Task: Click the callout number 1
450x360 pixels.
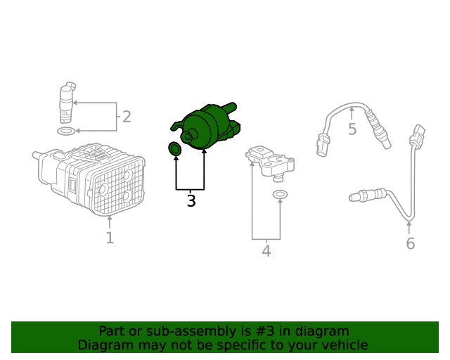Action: coord(110,238)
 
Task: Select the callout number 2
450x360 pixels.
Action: coord(127,117)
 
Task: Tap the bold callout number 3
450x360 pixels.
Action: coord(191,200)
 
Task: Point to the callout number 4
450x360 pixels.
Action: coord(266,251)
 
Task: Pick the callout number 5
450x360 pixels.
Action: coord(352,129)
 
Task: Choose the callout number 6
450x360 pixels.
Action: coord(411,244)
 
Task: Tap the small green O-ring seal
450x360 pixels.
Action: coord(174,149)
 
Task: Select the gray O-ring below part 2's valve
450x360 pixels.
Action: coord(66,131)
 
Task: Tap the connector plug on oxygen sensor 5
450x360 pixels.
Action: coord(323,145)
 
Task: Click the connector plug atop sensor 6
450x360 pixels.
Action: coord(417,136)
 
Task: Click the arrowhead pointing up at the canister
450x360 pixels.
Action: coord(110,219)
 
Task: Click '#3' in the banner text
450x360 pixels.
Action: coord(264,331)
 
